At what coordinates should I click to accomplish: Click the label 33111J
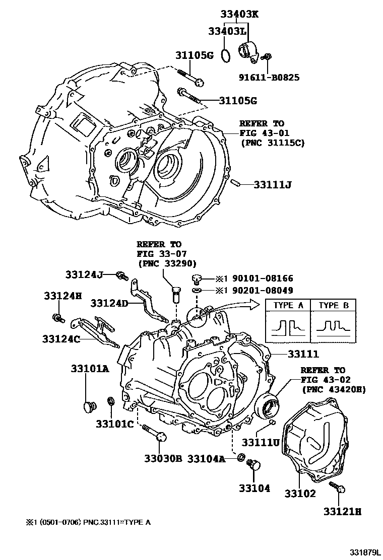click(273, 185)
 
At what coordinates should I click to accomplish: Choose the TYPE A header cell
click(287, 305)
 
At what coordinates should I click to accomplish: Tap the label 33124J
click(84, 274)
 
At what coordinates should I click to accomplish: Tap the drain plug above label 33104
click(254, 465)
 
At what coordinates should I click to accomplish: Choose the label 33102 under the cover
click(300, 493)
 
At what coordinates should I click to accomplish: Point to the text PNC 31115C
click(272, 144)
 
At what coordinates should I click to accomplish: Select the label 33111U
click(261, 442)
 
